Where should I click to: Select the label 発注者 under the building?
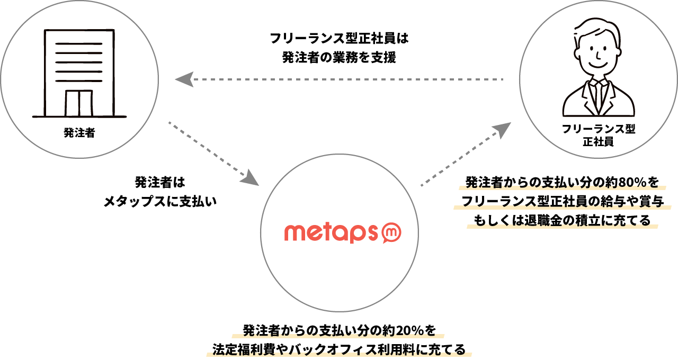pyautogui.click(x=79, y=133)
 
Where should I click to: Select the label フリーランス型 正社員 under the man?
pyautogui.click(x=598, y=136)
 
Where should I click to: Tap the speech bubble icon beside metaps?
pyautogui.click(x=392, y=232)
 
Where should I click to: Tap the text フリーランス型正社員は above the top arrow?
pyautogui.click(x=339, y=39)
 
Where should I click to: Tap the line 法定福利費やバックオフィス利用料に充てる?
pyautogui.click(x=339, y=349)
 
